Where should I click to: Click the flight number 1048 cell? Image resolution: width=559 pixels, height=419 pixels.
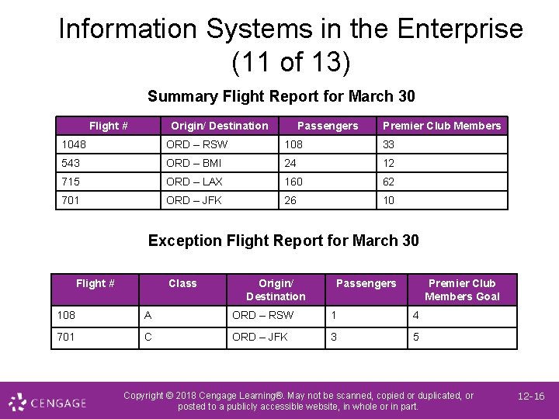click(x=75, y=144)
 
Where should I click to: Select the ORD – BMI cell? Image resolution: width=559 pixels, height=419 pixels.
click(x=194, y=163)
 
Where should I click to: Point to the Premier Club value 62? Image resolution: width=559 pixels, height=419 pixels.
click(x=389, y=182)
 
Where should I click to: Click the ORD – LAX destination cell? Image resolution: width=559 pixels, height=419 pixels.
click(x=194, y=182)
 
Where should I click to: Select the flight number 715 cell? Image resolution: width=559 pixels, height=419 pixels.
click(x=71, y=182)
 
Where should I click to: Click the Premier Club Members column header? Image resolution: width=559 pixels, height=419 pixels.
click(x=442, y=126)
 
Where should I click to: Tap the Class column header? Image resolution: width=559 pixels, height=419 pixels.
click(x=182, y=283)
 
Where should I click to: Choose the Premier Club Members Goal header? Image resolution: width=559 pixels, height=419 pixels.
click(x=462, y=289)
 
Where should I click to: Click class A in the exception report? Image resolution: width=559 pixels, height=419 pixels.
click(x=148, y=316)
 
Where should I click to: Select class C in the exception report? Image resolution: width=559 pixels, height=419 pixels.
click(x=148, y=338)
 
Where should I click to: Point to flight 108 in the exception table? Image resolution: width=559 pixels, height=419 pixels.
click(x=66, y=316)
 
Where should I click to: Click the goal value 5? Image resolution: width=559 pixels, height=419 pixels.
click(x=416, y=338)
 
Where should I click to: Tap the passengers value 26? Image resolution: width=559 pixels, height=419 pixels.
click(x=291, y=200)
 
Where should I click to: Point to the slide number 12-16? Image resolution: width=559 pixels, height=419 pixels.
click(x=531, y=396)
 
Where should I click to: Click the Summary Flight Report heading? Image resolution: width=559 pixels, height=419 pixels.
click(x=281, y=96)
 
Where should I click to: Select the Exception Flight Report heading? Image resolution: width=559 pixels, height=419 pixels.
click(x=283, y=241)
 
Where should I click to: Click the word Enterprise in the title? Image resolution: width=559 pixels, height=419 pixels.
click(x=460, y=29)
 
